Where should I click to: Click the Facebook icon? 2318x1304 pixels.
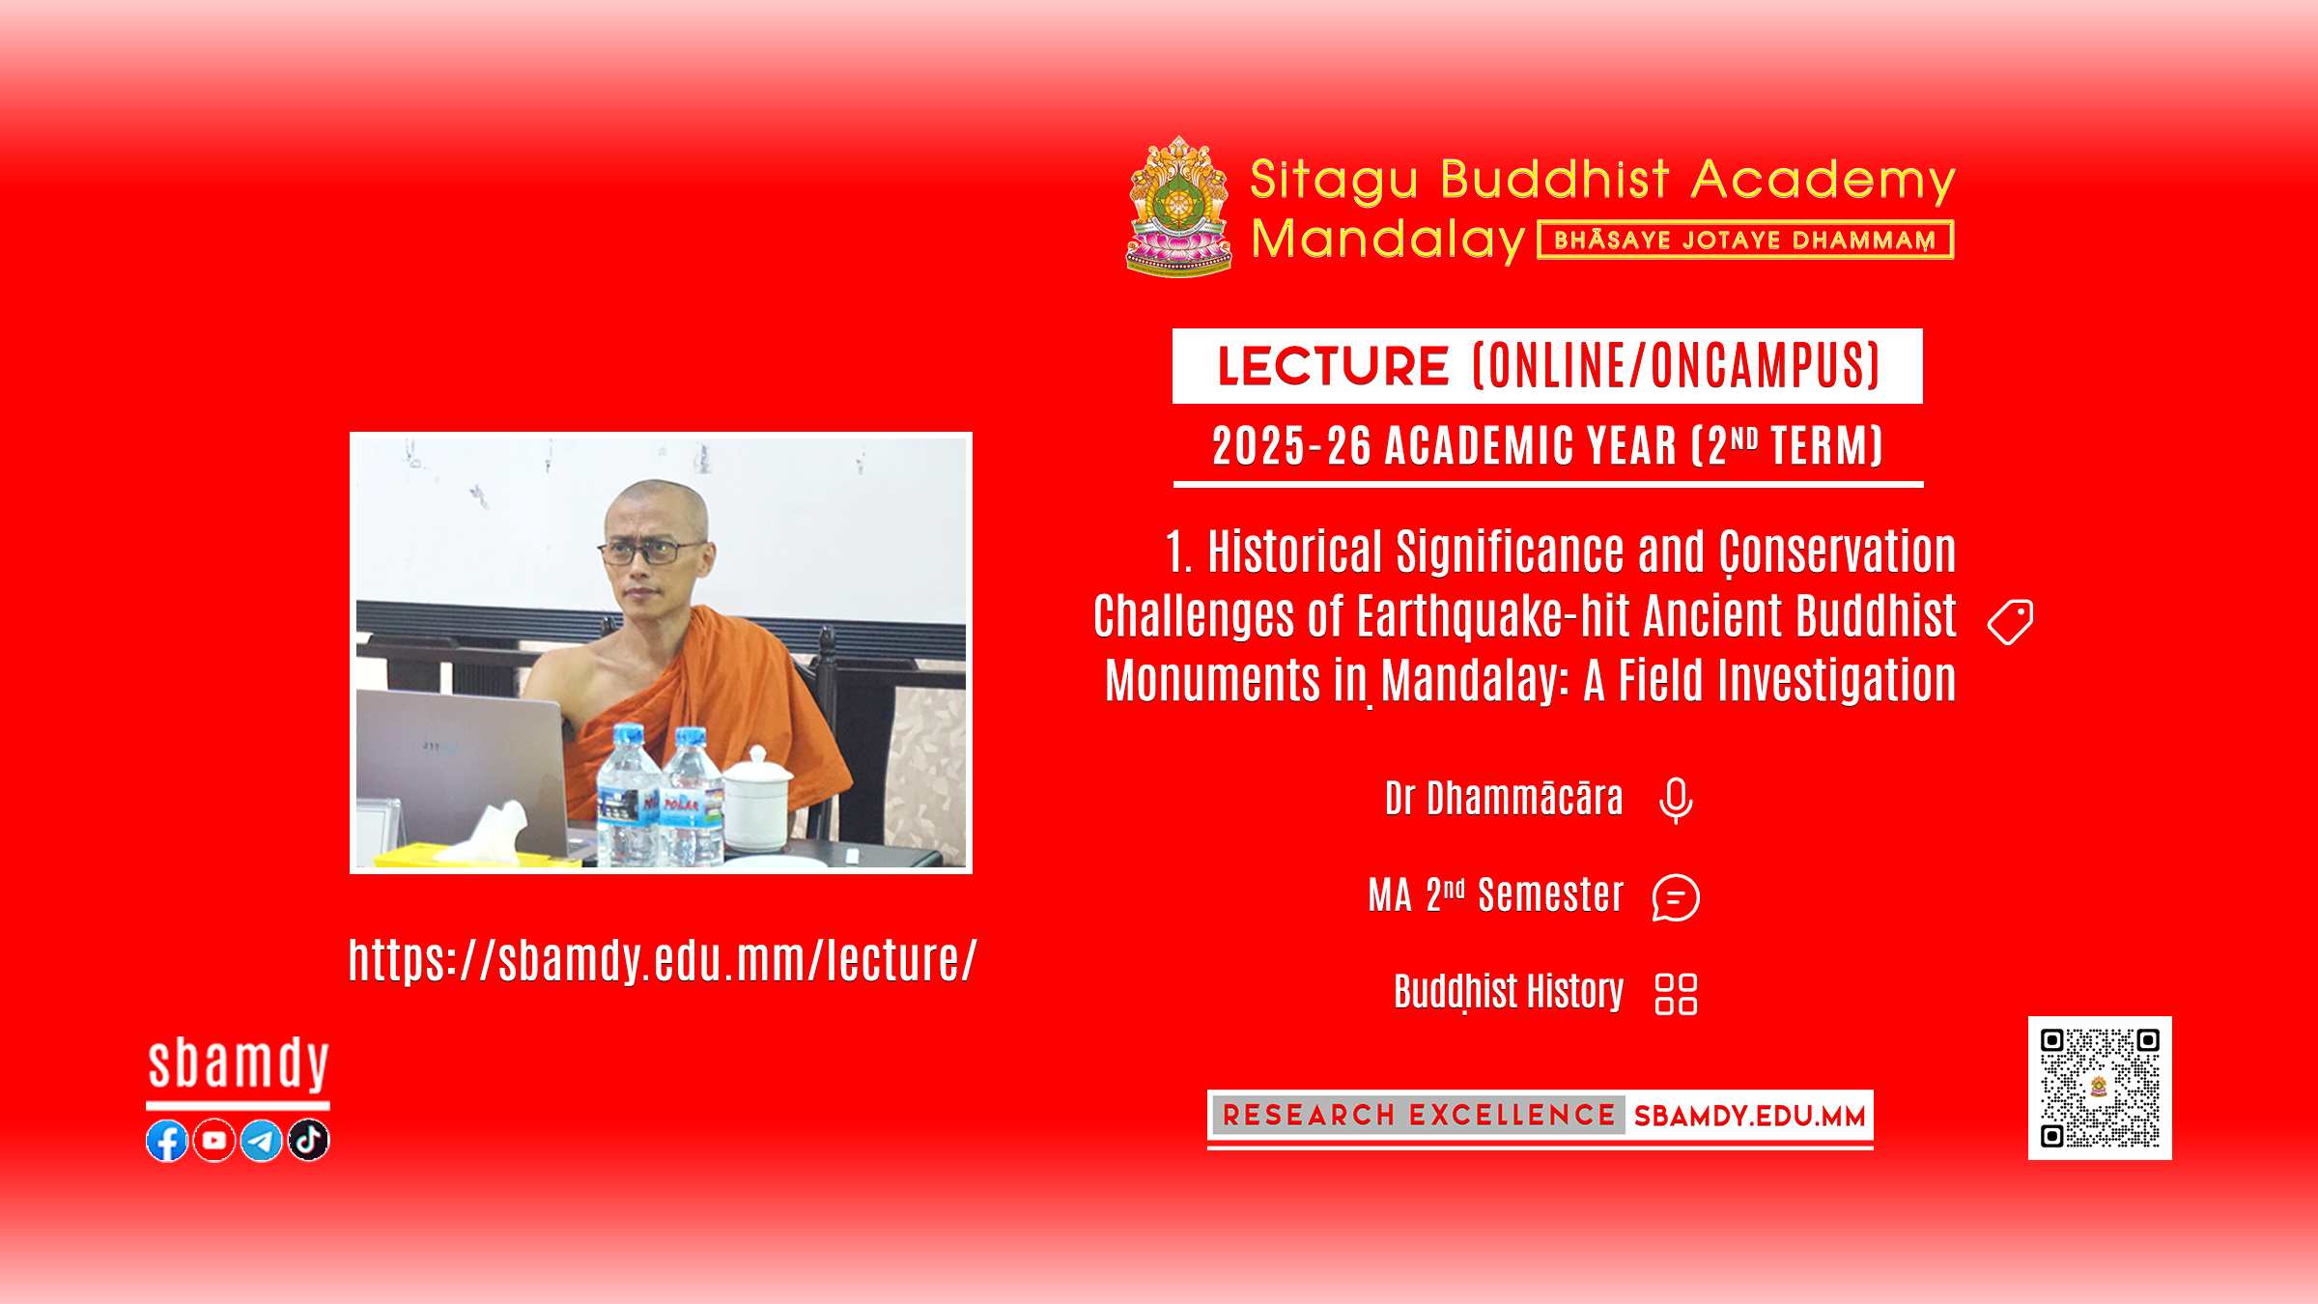[167, 1141]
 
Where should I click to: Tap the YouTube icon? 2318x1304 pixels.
[214, 1141]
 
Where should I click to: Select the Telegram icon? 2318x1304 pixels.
[262, 1141]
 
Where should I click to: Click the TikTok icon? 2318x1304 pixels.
[309, 1141]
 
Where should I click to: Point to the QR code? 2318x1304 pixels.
[2100, 1088]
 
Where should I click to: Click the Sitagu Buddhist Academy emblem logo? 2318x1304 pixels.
[1179, 206]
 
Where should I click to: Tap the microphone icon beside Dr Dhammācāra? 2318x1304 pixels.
[1676, 801]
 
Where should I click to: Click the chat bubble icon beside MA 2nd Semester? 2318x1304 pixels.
[1676, 897]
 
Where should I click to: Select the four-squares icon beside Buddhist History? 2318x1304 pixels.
[1676, 994]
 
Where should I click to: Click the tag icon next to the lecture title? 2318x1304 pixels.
[2011, 622]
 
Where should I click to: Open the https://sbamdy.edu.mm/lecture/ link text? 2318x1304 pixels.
[663, 961]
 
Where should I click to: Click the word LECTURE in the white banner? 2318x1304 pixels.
[1333, 366]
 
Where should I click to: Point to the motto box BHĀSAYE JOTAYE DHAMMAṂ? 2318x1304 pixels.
[1745, 240]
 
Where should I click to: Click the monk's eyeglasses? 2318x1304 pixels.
[652, 552]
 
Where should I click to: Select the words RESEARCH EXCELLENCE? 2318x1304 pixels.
[1419, 1116]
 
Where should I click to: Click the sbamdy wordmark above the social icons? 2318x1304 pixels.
[239, 1064]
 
